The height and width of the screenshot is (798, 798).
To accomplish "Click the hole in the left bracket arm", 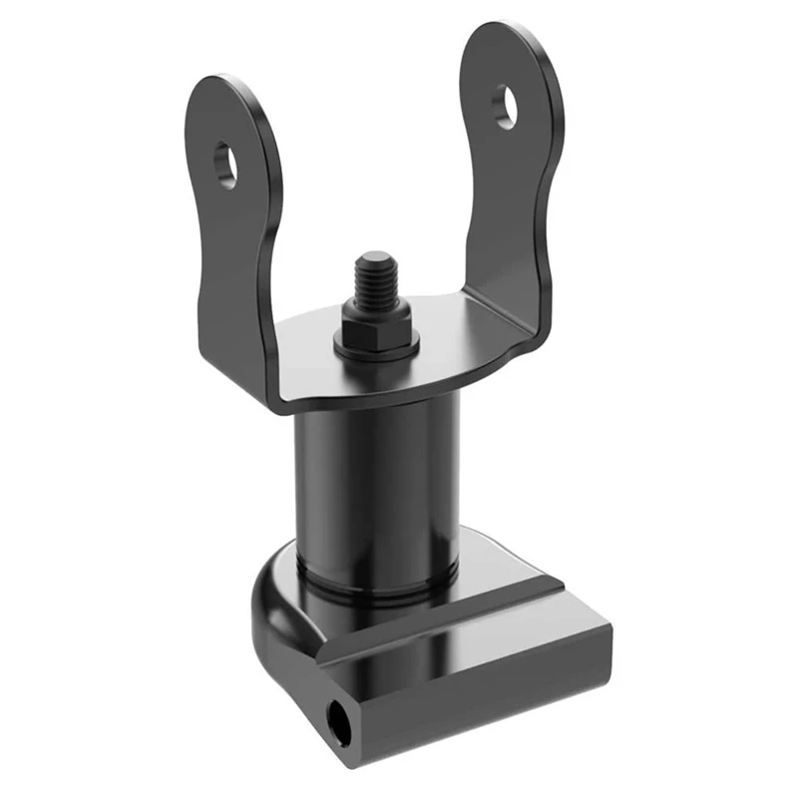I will (226, 165).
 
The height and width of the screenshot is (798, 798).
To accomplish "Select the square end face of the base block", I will (344, 718).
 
